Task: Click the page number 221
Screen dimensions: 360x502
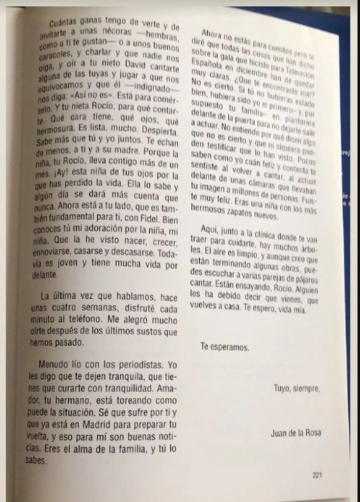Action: [318, 475]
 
